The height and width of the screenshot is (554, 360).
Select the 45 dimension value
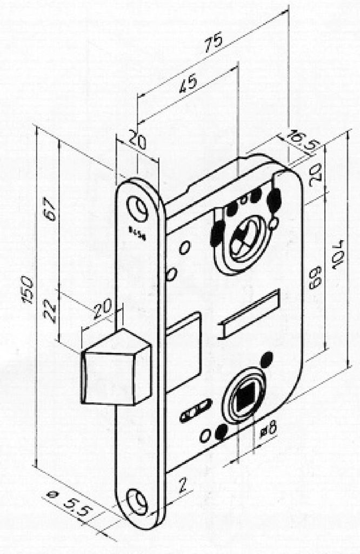click(x=187, y=82)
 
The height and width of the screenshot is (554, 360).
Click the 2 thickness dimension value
click(x=183, y=484)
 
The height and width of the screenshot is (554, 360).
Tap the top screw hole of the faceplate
click(x=138, y=208)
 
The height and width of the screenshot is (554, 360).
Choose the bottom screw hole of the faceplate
click(x=137, y=500)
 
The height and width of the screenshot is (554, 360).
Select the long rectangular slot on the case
click(x=249, y=315)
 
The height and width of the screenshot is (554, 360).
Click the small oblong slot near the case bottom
click(x=195, y=412)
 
